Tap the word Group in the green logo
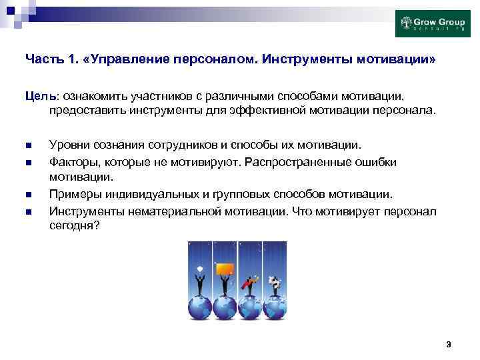coord(449,21)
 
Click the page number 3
coord(449,344)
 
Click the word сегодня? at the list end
coord(74,226)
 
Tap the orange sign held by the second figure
coord(227,269)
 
